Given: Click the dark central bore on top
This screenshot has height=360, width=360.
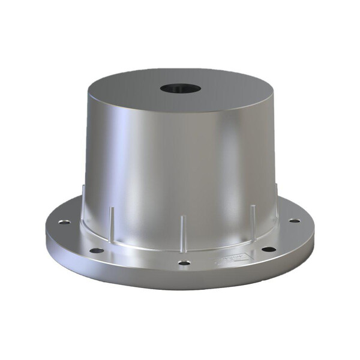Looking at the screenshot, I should [x=180, y=88].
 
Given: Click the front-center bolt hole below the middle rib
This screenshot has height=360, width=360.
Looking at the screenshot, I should [x=184, y=262].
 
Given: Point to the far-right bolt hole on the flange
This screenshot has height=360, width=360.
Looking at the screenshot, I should [x=294, y=221].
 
